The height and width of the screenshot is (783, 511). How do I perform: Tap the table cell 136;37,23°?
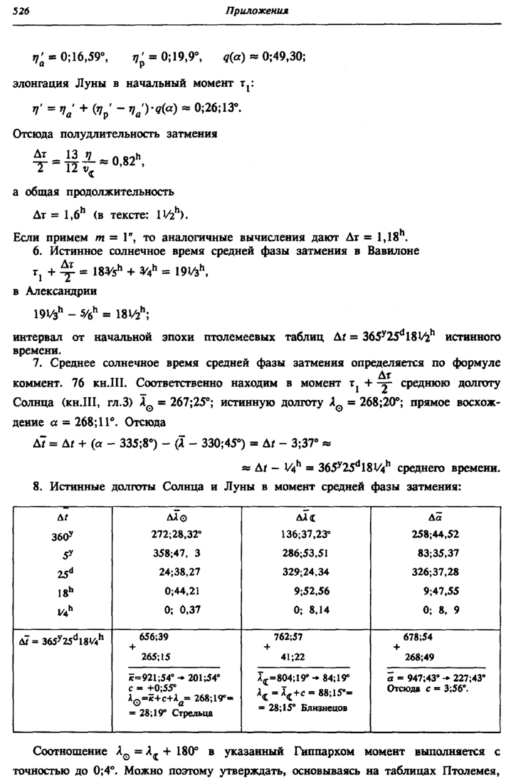point(305,533)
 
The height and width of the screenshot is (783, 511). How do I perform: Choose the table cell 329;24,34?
point(307,570)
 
